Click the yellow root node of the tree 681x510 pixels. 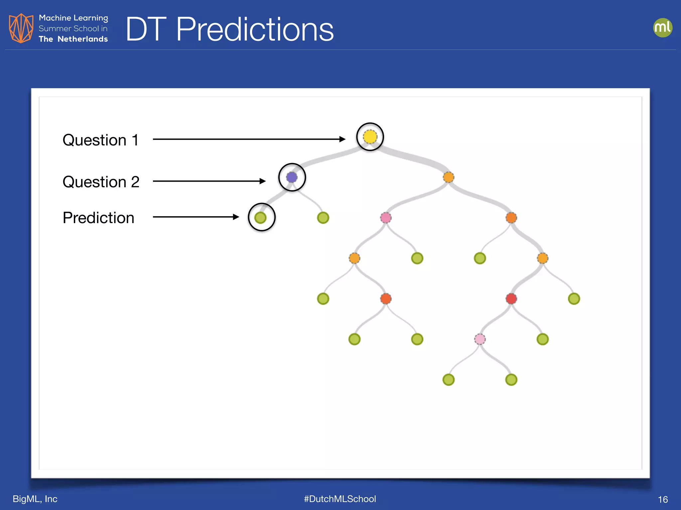pos(370,137)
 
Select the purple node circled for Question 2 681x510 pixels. pos(292,177)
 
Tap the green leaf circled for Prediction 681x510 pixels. pos(260,218)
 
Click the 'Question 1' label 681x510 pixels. pos(100,140)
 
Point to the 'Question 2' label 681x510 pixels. pos(101,182)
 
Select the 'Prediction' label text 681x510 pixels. pos(98,218)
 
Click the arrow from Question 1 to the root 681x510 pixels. pos(249,139)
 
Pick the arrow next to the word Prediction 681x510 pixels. pos(196,217)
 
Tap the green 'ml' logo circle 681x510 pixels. pos(662,28)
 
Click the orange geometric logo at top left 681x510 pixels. pos(21,28)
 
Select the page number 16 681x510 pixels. pos(663,499)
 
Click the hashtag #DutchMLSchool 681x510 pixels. pos(340,499)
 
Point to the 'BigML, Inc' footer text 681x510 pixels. pos(35,499)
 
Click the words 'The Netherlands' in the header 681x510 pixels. pos(73,39)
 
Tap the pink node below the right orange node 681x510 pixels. pos(386,218)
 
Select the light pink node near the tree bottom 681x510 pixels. pos(479,339)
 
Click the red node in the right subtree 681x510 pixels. pos(511,298)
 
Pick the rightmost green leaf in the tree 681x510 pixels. pos(574,298)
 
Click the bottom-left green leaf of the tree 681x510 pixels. pos(448,380)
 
